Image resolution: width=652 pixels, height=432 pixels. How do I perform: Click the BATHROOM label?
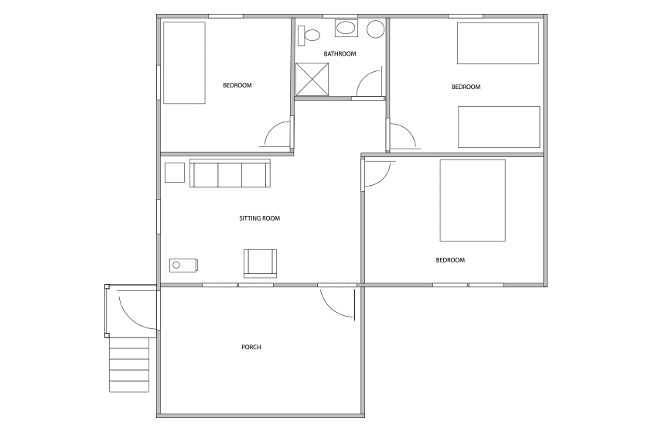click(340, 53)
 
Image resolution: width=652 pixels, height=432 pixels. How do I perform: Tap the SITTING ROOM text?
click(259, 218)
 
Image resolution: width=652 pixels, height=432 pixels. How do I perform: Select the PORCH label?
click(251, 347)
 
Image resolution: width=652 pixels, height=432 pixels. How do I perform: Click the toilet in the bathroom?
click(309, 35)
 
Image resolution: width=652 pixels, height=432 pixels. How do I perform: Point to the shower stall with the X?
click(312, 80)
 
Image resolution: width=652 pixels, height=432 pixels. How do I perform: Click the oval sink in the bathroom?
click(346, 29)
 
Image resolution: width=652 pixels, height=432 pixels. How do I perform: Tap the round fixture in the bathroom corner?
click(375, 29)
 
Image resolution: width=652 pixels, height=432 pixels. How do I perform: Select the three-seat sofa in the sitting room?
click(230, 173)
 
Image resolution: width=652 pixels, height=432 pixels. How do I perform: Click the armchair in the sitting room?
click(261, 263)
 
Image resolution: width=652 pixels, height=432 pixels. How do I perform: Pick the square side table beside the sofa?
click(175, 173)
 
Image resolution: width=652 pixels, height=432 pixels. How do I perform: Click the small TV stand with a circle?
click(183, 265)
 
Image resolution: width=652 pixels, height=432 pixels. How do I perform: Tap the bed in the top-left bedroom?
click(184, 63)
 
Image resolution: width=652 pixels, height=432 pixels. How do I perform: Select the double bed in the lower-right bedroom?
click(473, 201)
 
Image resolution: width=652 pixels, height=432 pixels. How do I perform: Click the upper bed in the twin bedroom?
click(498, 43)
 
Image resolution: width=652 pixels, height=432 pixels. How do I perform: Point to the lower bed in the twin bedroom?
click(499, 127)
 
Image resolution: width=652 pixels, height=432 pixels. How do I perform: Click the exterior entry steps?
click(129, 364)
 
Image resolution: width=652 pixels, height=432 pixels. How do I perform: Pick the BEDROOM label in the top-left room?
click(237, 85)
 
